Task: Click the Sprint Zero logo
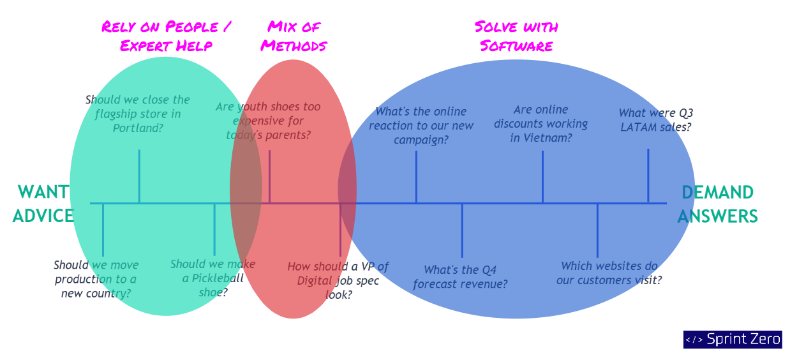coord(732,340)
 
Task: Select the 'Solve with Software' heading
coord(516,36)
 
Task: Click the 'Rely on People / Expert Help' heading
coord(166,36)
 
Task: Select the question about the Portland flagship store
coord(138,114)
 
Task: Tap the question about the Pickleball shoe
coord(212,278)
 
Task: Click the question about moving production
coord(96,279)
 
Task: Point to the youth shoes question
coord(268,121)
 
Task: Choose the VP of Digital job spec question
coord(338,280)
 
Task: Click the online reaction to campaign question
coord(421,126)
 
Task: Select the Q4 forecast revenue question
coord(460,277)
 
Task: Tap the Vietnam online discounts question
coord(540,123)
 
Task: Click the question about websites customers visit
coord(609,273)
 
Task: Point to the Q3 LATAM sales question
coord(656,120)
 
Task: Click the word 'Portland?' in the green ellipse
coord(138,128)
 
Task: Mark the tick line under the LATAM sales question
coord(648,176)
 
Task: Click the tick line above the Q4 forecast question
coord(462,230)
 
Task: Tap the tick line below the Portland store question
coord(139,176)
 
